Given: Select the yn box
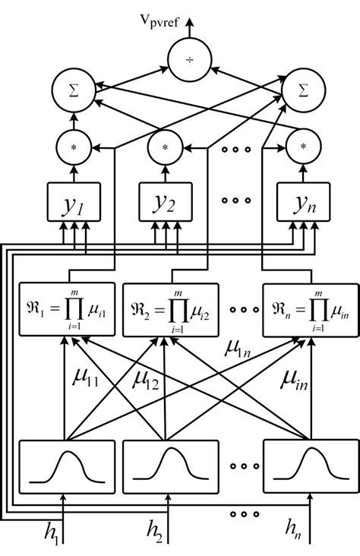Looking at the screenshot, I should coord(303,201).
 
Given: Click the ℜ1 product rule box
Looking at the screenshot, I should coord(65,311).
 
